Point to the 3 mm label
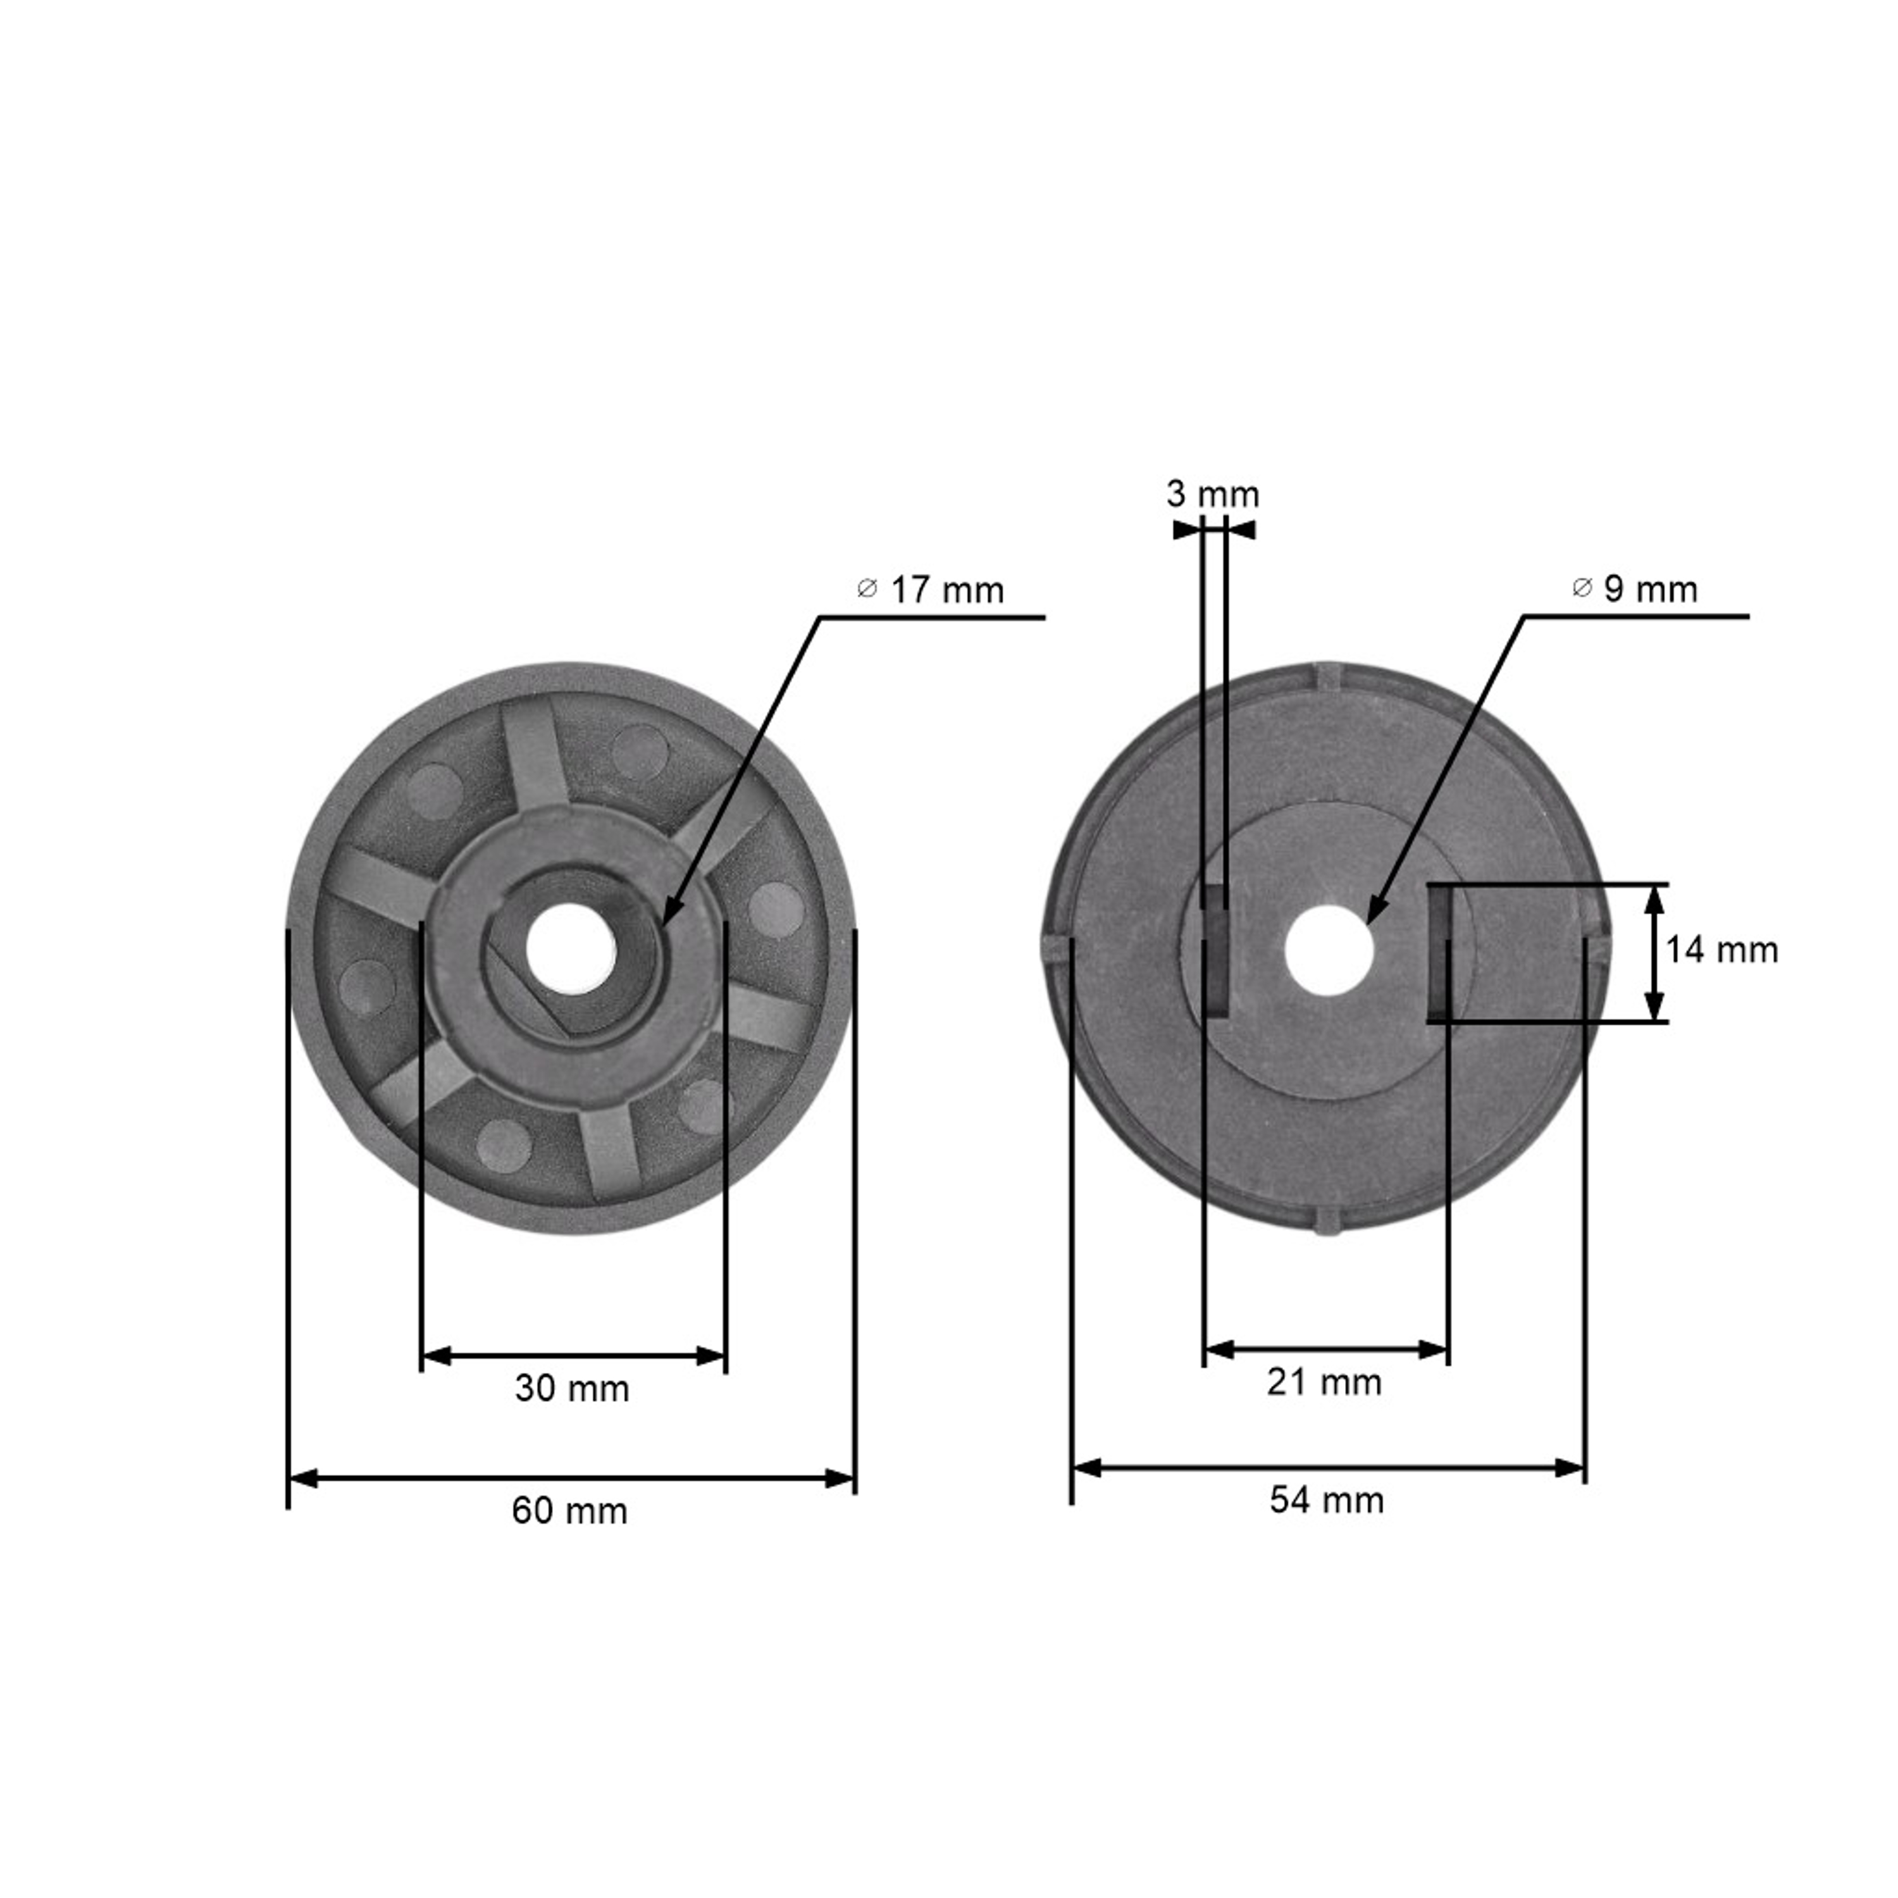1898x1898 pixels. coord(1212,494)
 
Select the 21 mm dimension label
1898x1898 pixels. coord(1324,1383)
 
